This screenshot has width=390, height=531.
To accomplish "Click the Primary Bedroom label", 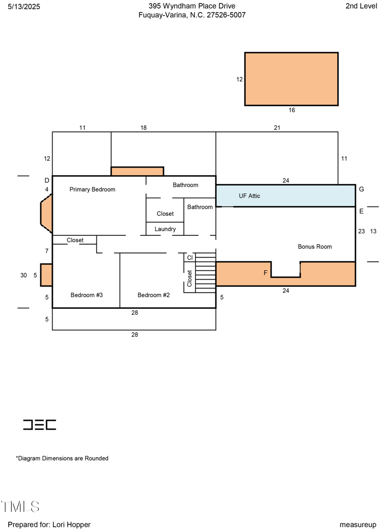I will pyautogui.click(x=92, y=190).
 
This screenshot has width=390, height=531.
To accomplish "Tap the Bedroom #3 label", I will pyautogui.click(x=86, y=295).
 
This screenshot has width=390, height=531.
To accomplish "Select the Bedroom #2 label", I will pyautogui.click(x=154, y=295).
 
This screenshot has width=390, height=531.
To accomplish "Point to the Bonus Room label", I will pyautogui.click(x=315, y=247).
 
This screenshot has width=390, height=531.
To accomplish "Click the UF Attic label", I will pyautogui.click(x=249, y=196).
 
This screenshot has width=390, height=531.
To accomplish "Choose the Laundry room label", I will pyautogui.click(x=165, y=229).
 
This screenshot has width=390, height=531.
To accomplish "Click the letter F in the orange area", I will pyautogui.click(x=266, y=273).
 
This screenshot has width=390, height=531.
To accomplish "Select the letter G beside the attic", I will pyautogui.click(x=361, y=189).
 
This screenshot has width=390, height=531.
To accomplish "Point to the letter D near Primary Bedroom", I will pyautogui.click(x=47, y=180).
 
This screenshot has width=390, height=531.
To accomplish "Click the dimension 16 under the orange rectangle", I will pyautogui.click(x=292, y=111).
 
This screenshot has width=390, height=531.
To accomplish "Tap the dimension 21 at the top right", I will pyautogui.click(x=277, y=128).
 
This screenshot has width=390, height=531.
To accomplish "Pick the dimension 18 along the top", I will pyautogui.click(x=143, y=128).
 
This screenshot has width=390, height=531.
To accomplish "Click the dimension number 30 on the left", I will pyautogui.click(x=23, y=275).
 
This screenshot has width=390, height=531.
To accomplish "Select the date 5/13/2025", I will pyautogui.click(x=24, y=6).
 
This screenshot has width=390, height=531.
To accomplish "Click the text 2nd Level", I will pyautogui.click(x=361, y=6).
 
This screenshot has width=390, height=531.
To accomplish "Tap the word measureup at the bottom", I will pyautogui.click(x=358, y=525).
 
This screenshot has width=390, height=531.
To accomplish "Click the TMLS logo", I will pyautogui.click(x=20, y=507).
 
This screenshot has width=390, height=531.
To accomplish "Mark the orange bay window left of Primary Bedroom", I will pyautogui.click(x=46, y=213).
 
